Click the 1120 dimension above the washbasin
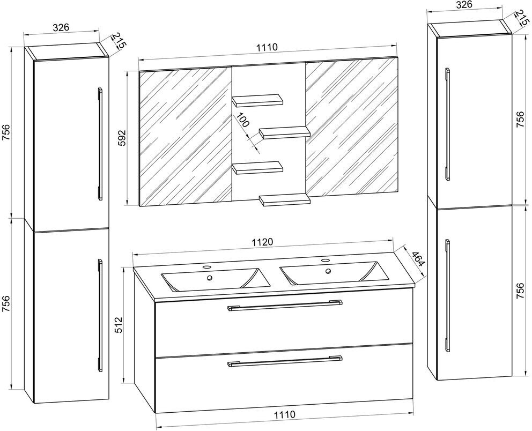[x=263, y=242]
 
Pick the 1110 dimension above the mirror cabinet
[x=267, y=47]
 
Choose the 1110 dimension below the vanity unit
[x=285, y=414]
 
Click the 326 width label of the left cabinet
[x=63, y=27]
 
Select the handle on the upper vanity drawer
[x=285, y=306]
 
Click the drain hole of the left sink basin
[x=210, y=278]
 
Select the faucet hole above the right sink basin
[x=324, y=261]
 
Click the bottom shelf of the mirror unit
[x=284, y=200]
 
